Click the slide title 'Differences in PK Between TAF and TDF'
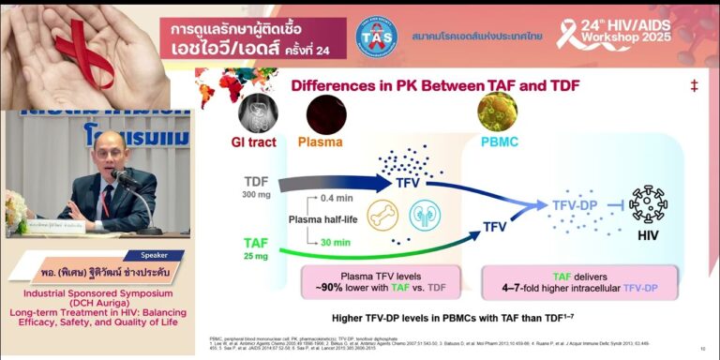435,86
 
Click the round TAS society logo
377,36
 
